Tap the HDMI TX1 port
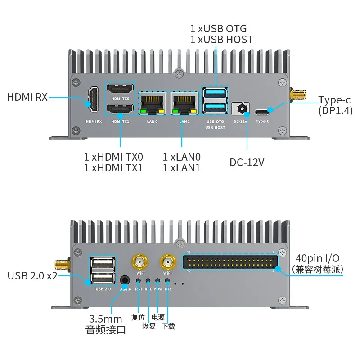tap(120, 109)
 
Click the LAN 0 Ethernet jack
tap(153, 104)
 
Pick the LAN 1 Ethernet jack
tap(185, 104)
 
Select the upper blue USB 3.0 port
tap(215, 94)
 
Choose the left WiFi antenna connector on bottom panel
tap(140, 261)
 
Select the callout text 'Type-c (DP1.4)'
tap(335, 104)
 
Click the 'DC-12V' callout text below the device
tap(247, 162)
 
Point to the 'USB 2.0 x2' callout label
tap(32, 275)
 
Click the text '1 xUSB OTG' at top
tap(218, 28)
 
